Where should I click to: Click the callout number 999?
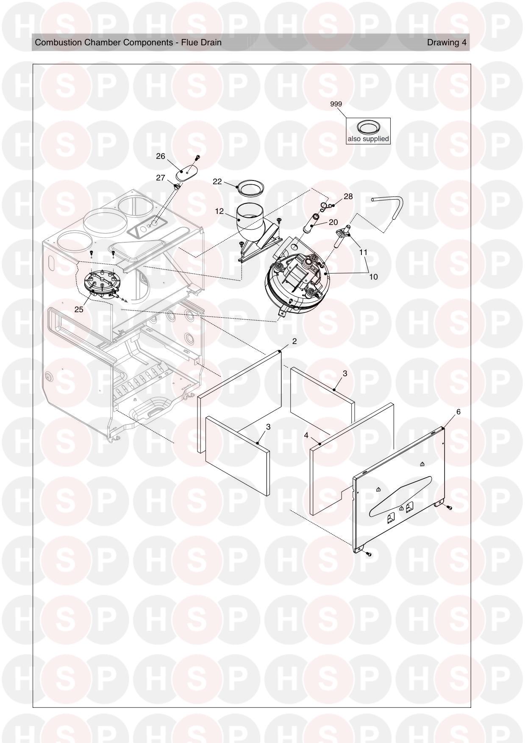336,104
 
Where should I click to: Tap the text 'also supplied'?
368,139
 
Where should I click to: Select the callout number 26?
161,156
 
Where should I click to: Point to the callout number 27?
161,178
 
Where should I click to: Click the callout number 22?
217,182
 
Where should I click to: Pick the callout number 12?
219,211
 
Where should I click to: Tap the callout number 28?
348,197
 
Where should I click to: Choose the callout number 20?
333,222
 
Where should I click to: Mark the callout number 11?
363,252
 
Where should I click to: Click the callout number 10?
373,277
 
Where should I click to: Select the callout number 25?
79,310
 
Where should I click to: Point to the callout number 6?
458,412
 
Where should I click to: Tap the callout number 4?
306,435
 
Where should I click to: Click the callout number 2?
294,341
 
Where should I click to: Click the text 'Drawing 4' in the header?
447,42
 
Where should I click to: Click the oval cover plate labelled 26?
187,174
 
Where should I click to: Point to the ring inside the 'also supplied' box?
368,127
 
